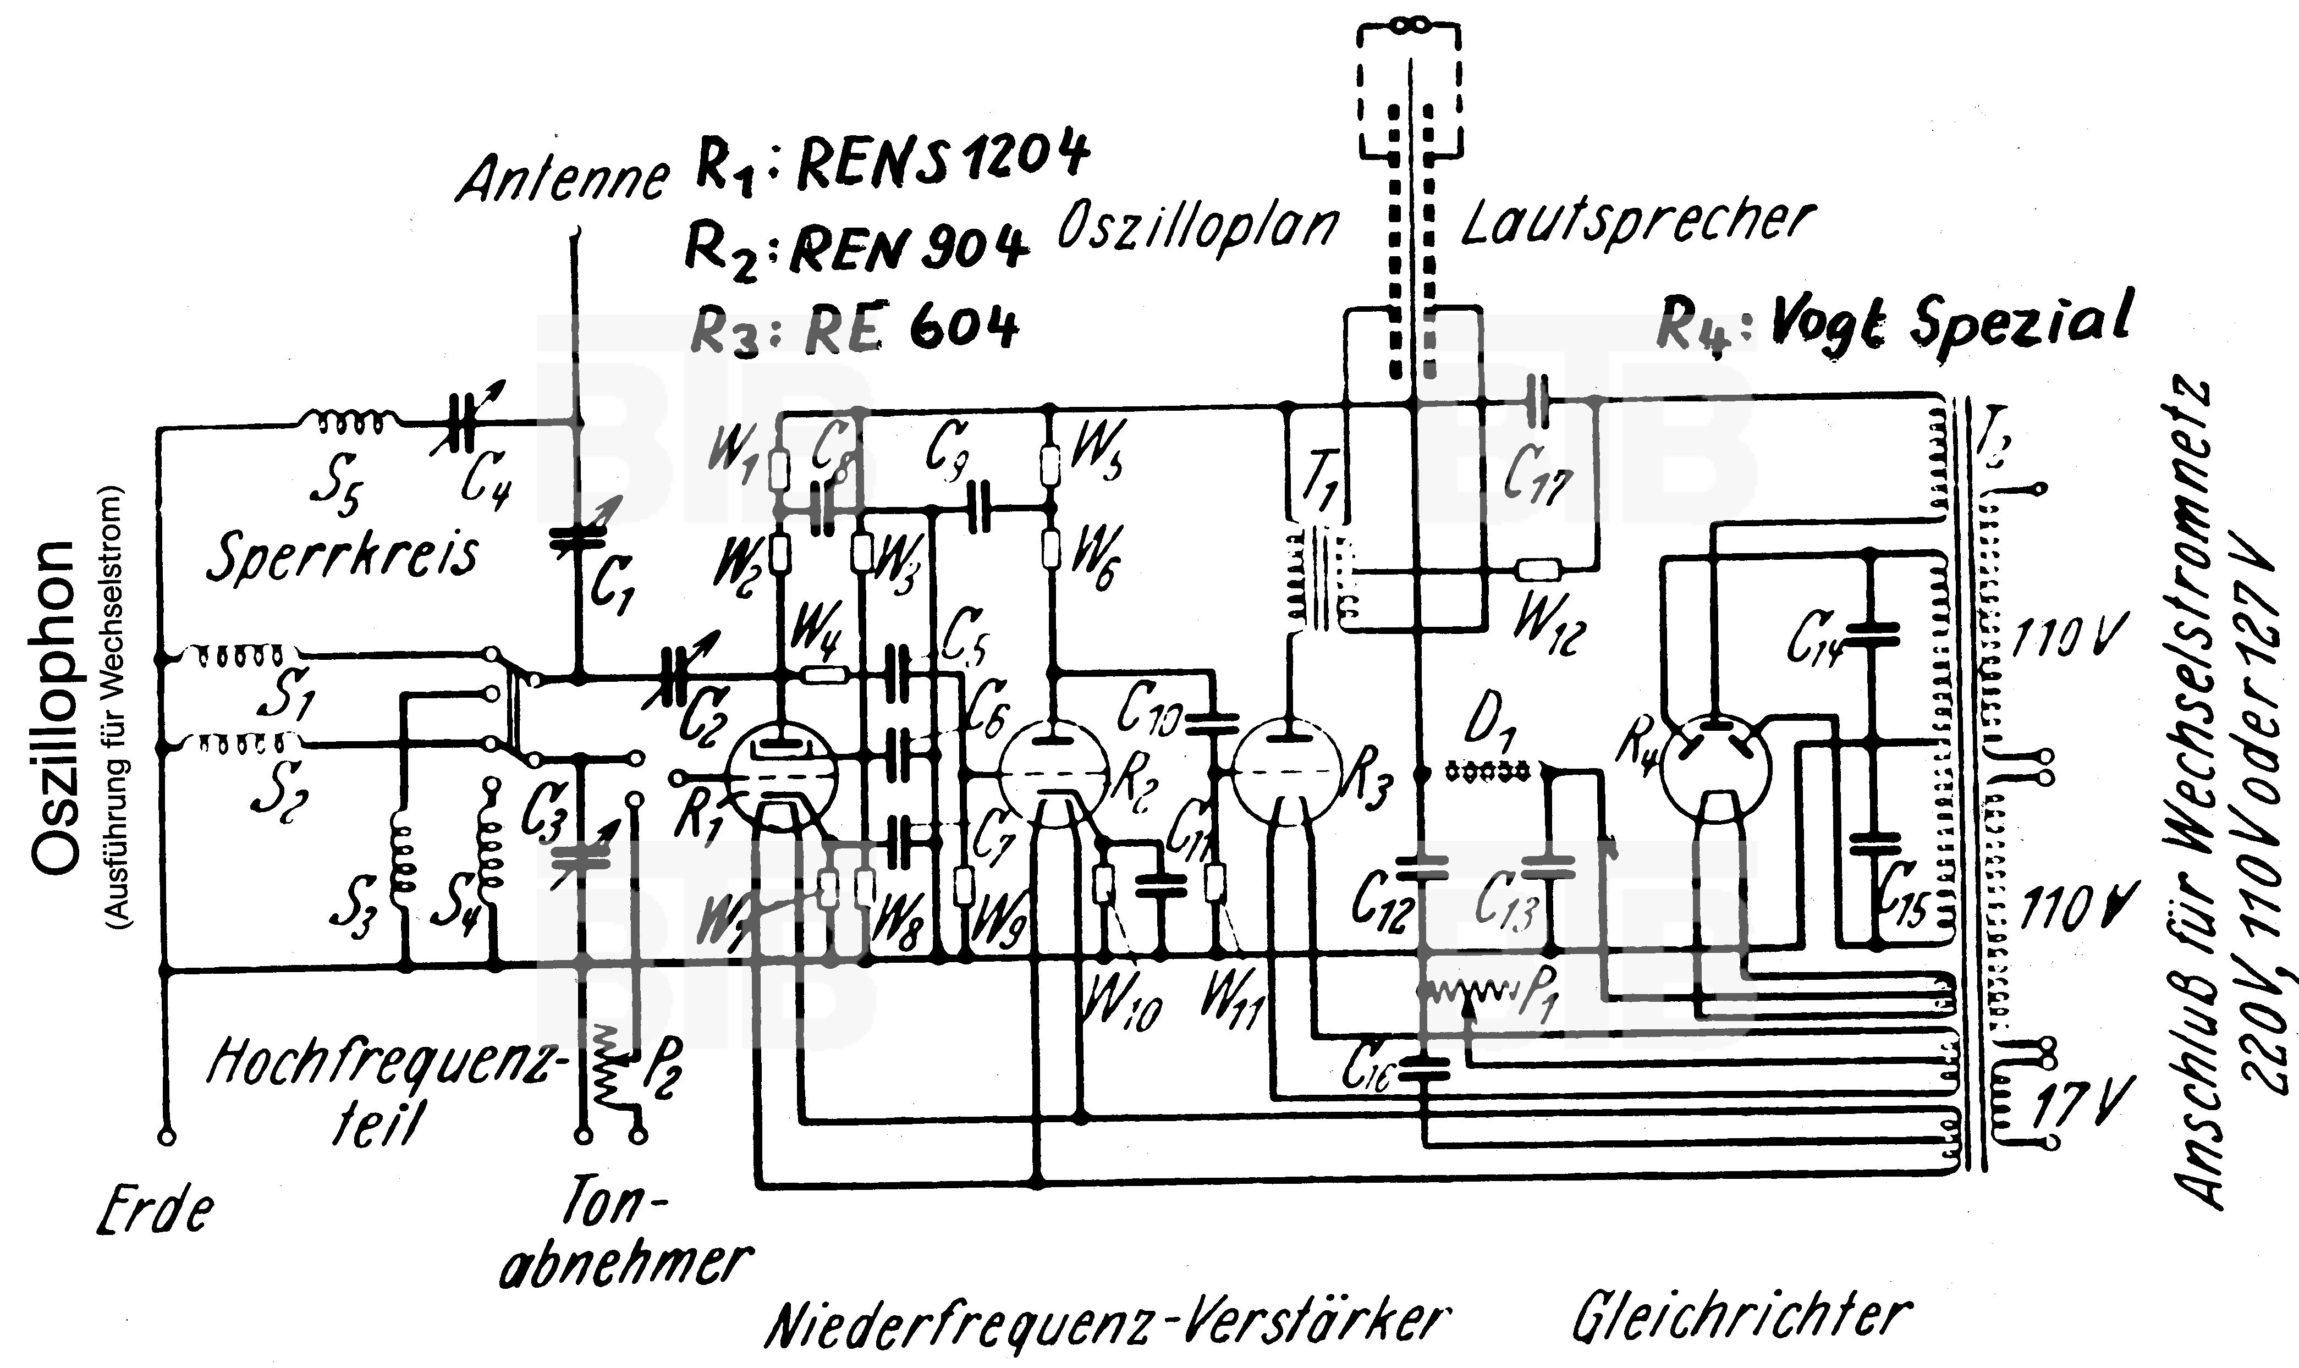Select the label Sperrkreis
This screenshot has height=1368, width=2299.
tap(342, 556)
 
